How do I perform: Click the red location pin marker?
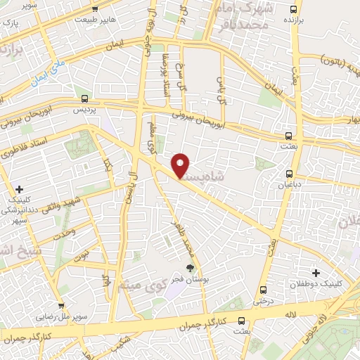tap(181, 165)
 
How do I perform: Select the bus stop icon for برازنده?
tap(294, 9)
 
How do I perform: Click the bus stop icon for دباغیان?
tap(289, 174)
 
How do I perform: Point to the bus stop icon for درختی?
tap(263, 289)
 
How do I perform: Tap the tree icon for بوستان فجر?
tap(189, 267)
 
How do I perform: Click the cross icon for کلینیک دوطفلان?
tap(316, 273)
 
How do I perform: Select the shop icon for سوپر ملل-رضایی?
tap(62, 306)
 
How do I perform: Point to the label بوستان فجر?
tap(189, 278)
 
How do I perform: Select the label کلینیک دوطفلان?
tap(316, 284)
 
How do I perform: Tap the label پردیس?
tap(85, 110)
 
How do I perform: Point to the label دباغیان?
tap(289, 185)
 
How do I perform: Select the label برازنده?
tap(294, 21)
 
